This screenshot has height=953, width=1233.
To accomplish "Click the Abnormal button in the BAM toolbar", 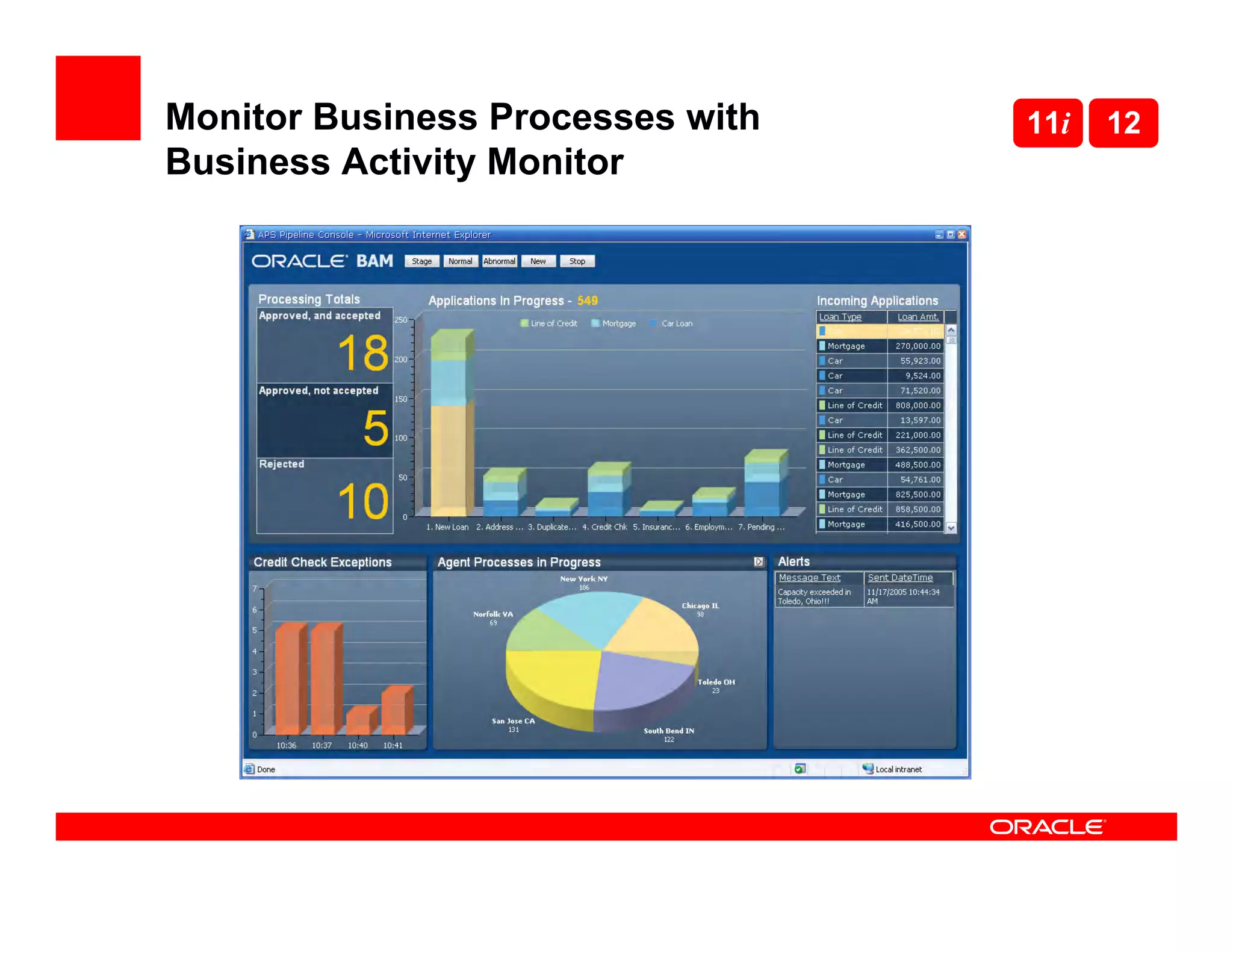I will click(x=499, y=261).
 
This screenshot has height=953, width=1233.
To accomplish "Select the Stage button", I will click(x=421, y=261).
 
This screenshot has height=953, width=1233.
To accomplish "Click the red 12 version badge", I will click(x=1123, y=123).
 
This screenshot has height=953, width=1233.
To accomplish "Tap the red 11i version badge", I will click(x=1048, y=123).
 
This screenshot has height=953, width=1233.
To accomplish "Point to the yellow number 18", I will click(x=362, y=353).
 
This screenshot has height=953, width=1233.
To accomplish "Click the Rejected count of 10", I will click(x=362, y=501).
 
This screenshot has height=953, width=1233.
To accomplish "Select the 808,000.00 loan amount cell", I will click(x=917, y=405).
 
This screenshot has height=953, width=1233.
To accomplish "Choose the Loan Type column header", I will click(x=840, y=317).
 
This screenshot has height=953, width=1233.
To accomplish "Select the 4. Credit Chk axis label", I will click(x=604, y=527).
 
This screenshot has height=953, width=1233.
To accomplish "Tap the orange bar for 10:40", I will click(x=359, y=720).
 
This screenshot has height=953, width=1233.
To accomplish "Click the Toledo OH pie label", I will click(x=716, y=683).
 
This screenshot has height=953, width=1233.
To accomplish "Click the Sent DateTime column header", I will click(x=900, y=578).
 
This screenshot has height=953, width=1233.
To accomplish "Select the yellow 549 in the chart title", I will click(x=587, y=301).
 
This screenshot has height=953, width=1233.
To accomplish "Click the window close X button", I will click(x=961, y=234).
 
